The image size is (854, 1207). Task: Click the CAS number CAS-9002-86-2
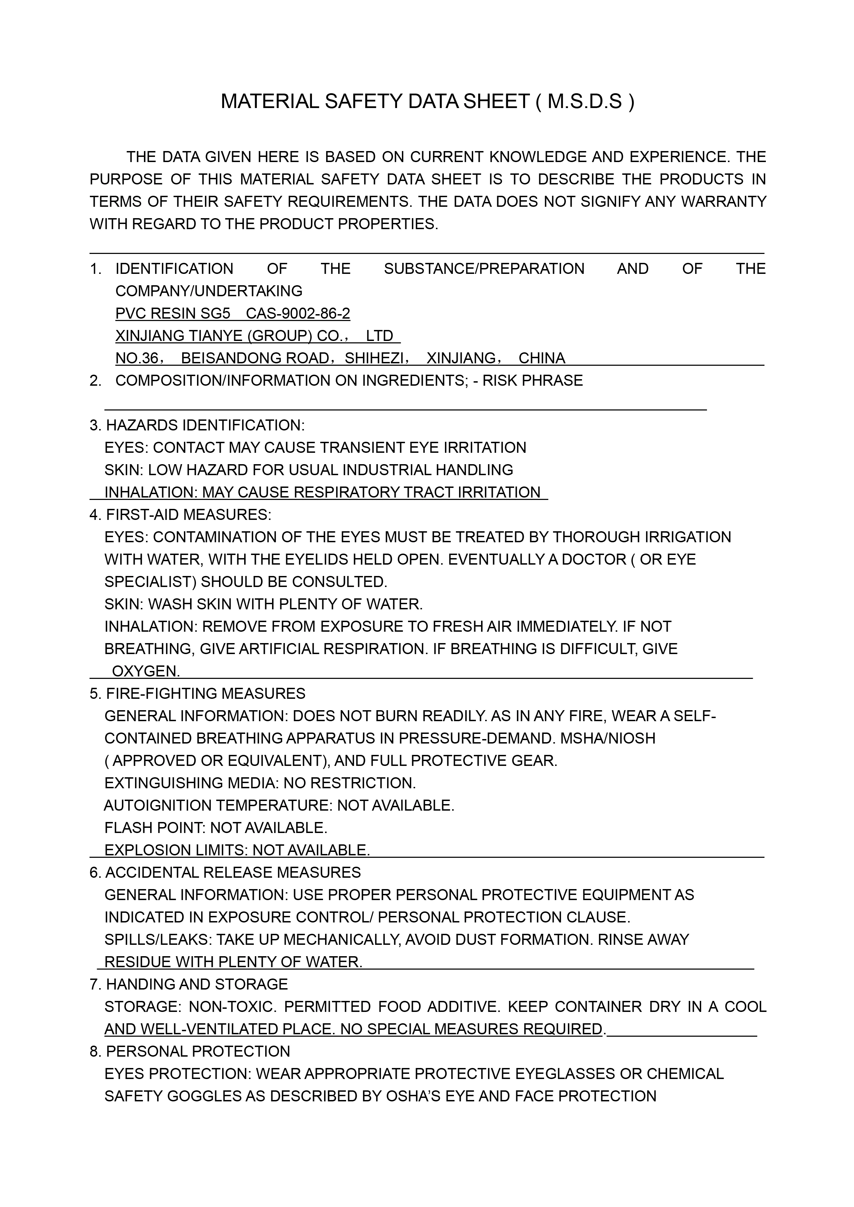click(x=298, y=313)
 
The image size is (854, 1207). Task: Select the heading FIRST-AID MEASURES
click(x=188, y=515)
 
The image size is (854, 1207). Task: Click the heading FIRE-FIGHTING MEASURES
click(x=205, y=693)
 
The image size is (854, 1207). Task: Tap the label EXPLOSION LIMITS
click(x=175, y=850)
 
